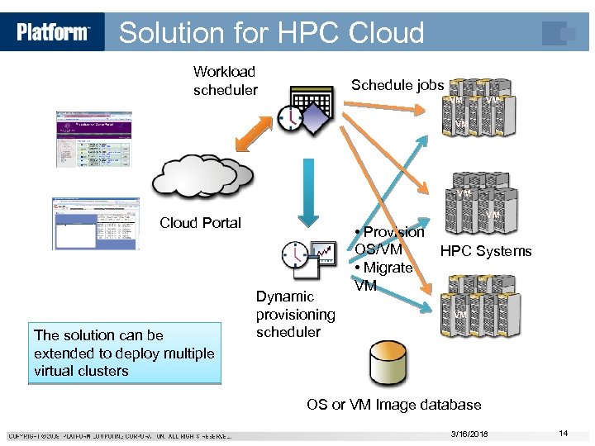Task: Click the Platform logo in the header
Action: point(53,32)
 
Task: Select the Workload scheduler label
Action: point(225,81)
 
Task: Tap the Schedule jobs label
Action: point(397,85)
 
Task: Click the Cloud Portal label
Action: point(200,223)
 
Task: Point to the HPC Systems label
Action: point(486,251)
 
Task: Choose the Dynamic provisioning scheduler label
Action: point(295,314)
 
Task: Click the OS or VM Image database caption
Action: point(393,405)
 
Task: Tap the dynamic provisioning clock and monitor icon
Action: point(307,259)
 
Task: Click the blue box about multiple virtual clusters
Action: point(124,353)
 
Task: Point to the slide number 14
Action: point(563,434)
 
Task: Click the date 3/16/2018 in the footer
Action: point(469,434)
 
